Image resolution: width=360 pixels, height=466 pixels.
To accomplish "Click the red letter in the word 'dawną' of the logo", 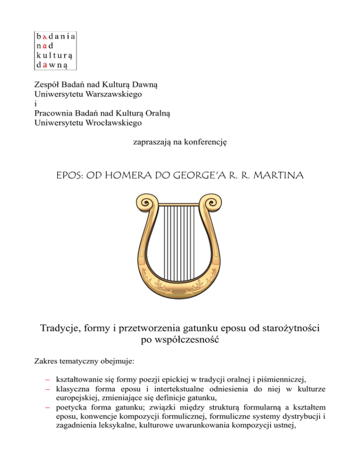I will pyautogui.click(x=44, y=65).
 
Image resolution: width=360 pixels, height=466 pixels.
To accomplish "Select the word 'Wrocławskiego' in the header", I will pyautogui.click(x=113, y=123).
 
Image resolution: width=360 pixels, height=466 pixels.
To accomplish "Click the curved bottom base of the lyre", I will pyautogui.click(x=180, y=286).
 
